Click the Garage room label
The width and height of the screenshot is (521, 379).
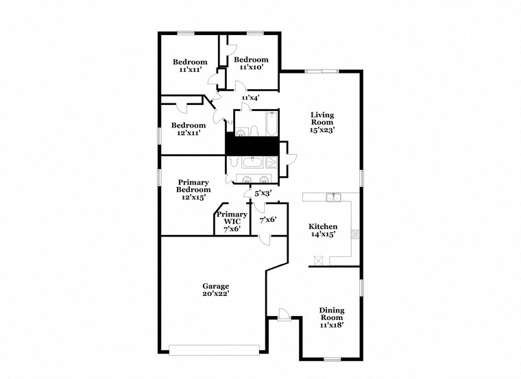pos(215,289)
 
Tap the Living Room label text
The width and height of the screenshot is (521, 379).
pos(322,122)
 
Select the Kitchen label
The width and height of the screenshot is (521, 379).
pos(322,230)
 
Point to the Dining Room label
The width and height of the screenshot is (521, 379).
pos(332,317)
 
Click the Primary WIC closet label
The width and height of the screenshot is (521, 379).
pos(232,222)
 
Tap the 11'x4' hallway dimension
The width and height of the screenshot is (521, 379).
pos(250,98)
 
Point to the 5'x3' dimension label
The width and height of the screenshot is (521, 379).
pos(263,194)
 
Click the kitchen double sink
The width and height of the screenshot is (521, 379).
pos(333,197)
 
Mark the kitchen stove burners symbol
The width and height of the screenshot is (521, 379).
pos(354,234)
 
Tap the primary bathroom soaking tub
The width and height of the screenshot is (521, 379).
pos(252,162)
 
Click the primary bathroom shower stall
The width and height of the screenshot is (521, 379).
pos(271,163)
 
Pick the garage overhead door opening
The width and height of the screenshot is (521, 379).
pos(215,350)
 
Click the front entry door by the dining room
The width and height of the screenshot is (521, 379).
pos(284,315)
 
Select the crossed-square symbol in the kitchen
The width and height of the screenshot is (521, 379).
pos(317,259)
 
